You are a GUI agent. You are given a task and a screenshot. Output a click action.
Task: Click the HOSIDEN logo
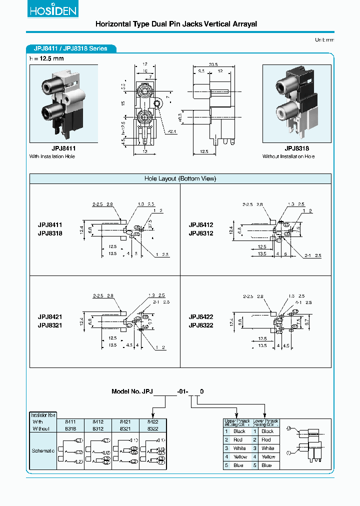pyautogui.click(x=47, y=11)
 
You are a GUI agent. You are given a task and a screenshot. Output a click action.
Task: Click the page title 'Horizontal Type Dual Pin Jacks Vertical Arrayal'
pyautogui.click(x=176, y=24)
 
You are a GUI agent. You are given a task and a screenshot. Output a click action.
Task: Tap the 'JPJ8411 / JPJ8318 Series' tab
pyautogui.click(x=71, y=48)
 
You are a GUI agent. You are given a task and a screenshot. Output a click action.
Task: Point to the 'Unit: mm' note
pyautogui.click(x=324, y=39)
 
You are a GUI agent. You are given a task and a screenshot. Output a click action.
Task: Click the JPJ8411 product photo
pyautogui.click(x=63, y=103)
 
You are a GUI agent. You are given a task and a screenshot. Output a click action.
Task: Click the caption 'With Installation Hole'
pyautogui.click(x=55, y=156)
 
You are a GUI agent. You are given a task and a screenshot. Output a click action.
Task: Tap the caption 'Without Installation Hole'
pyautogui.click(x=288, y=156)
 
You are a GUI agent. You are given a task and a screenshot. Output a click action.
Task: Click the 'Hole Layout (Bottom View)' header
pyautogui.click(x=180, y=178)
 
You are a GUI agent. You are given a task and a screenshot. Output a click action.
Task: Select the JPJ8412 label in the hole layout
pyautogui.click(x=201, y=225)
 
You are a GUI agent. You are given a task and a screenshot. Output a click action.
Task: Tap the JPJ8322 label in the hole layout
pyautogui.click(x=201, y=325)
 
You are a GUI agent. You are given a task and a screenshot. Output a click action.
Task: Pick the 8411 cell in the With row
pyautogui.click(x=71, y=422)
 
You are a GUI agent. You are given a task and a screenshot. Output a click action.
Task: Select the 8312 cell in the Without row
pyautogui.click(x=98, y=428)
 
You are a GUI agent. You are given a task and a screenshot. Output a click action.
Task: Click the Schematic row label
pyautogui.click(x=43, y=451)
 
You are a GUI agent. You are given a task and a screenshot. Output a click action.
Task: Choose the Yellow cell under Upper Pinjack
pyautogui.click(x=240, y=456)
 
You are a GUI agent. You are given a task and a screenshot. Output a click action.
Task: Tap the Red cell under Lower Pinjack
pyautogui.click(x=266, y=439)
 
